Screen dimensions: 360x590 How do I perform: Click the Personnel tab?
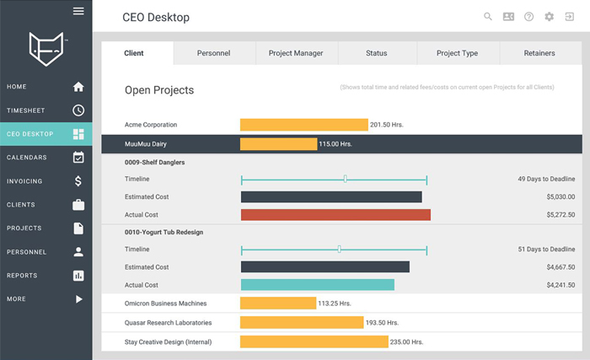[213, 53]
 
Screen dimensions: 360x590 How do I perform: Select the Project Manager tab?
[295, 53]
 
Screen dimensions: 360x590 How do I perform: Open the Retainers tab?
[539, 53]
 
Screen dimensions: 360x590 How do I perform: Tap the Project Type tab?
[457, 53]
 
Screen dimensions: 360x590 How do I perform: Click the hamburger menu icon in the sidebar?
[78, 11]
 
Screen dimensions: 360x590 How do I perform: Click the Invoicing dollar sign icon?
[78, 180]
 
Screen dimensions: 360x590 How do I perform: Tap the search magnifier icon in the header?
[488, 16]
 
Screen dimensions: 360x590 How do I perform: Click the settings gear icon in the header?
[550, 16]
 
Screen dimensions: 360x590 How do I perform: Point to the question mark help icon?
[528, 16]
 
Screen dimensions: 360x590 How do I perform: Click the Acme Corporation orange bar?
[303, 125]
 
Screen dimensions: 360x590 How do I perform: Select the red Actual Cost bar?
[335, 215]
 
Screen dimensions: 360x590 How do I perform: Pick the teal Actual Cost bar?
[317, 285]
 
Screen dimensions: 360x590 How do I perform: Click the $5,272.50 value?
[560, 215]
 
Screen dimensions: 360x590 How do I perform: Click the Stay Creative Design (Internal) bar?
[314, 342]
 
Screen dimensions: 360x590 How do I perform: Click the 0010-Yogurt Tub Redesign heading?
[164, 232]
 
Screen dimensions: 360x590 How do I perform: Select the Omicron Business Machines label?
[165, 304]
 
